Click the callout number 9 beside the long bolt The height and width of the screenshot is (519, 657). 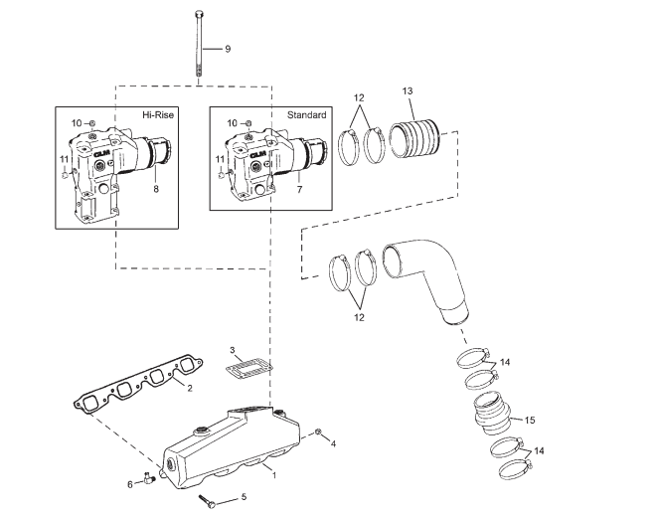[227, 48]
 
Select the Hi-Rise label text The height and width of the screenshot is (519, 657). [158, 115]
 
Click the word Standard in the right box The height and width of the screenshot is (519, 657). [306, 115]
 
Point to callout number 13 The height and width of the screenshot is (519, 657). [407, 91]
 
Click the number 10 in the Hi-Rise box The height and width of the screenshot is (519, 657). [75, 122]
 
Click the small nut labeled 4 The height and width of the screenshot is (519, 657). [318, 432]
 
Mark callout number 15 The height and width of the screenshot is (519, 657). [530, 421]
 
